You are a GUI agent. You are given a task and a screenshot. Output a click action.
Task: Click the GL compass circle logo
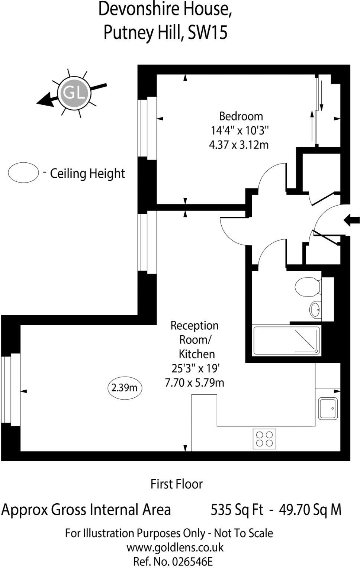[x=74, y=93]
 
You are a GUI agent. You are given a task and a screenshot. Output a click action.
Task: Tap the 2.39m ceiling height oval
[x=125, y=388]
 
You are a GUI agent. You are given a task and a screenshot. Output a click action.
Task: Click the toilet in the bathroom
[x=307, y=286]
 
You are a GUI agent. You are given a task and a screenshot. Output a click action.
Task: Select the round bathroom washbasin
[x=315, y=309]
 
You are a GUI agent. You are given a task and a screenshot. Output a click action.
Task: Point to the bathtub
[x=286, y=341]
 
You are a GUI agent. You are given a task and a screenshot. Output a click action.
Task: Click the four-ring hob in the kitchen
[x=264, y=439]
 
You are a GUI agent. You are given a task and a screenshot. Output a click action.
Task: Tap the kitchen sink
[x=328, y=409]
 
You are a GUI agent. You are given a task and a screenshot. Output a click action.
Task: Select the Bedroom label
[x=241, y=116]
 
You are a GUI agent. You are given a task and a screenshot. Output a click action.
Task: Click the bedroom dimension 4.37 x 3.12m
[x=238, y=145]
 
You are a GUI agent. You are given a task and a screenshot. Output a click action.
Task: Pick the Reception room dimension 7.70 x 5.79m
[x=194, y=383]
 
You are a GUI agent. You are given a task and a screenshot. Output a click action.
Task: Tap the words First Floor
[x=176, y=484]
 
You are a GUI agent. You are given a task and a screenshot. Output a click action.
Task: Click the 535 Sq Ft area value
[x=237, y=510]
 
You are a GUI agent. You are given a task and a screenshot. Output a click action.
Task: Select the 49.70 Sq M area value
[x=310, y=510]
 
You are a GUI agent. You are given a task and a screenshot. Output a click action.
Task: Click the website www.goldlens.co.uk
[x=175, y=547]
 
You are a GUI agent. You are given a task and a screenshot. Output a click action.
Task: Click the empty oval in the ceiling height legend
[x=23, y=172]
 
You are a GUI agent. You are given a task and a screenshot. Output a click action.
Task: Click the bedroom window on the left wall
[x=147, y=127]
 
